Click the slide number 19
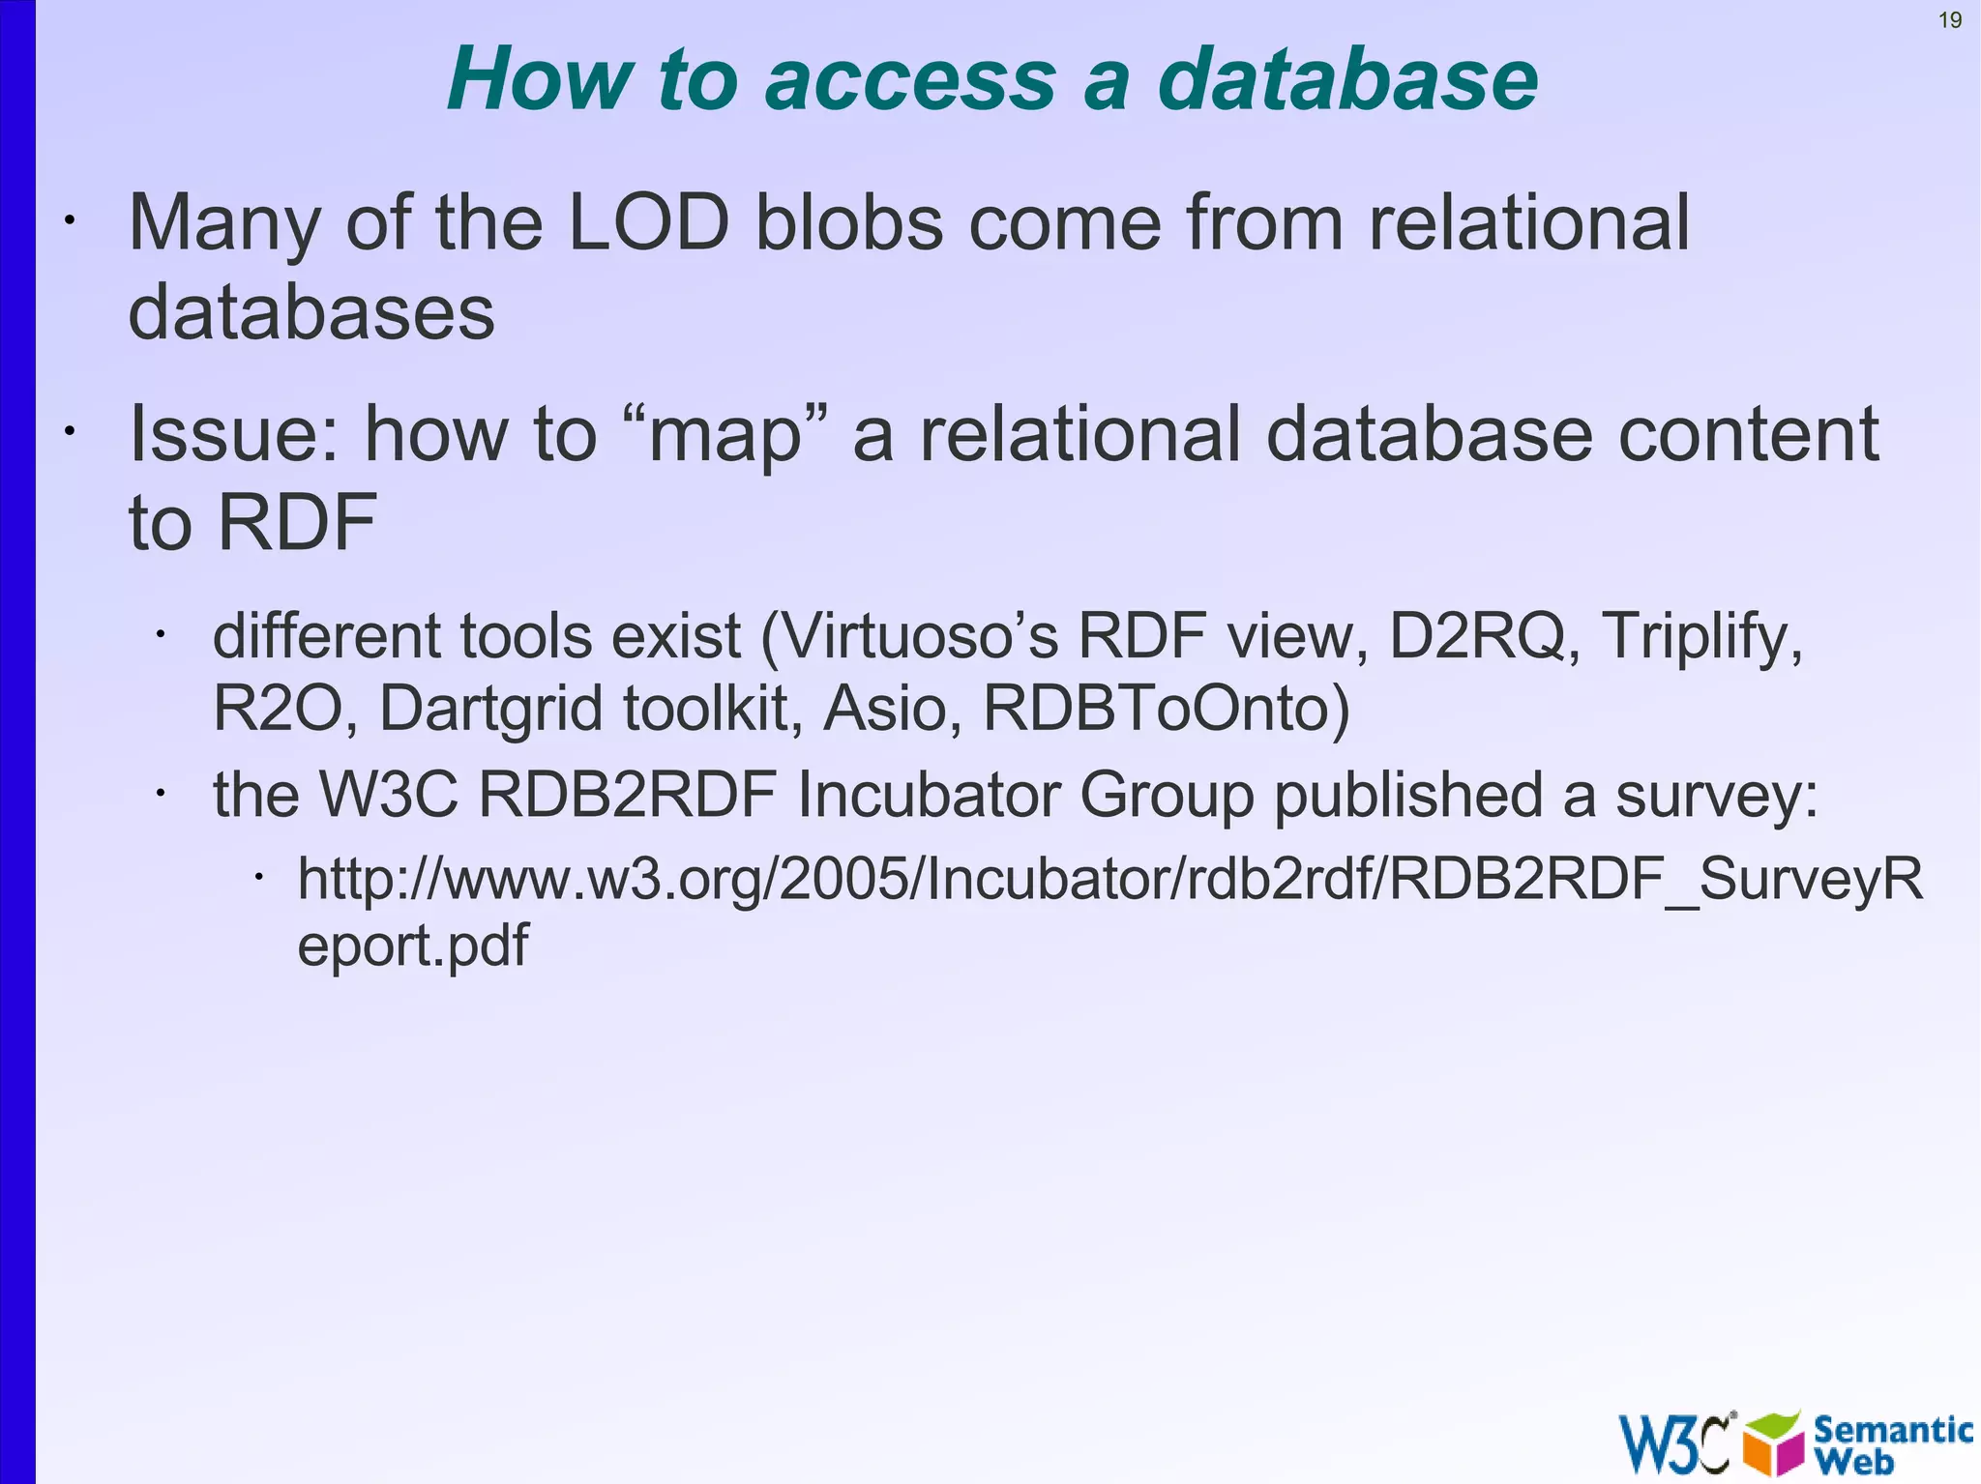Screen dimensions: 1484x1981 click(x=1950, y=20)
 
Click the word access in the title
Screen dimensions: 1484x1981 click(x=910, y=79)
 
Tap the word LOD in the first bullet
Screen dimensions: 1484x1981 click(x=648, y=223)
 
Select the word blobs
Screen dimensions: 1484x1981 click(x=848, y=223)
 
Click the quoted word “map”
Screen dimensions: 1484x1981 click(x=724, y=434)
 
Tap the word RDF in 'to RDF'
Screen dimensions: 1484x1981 click(x=296, y=522)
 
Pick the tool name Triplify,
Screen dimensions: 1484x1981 click(x=1702, y=637)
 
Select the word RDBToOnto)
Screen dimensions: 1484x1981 click(x=1166, y=709)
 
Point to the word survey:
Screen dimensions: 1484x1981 click(x=1718, y=795)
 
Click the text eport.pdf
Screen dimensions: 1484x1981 click(x=413, y=946)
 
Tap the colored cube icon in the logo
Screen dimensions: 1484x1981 click(x=1773, y=1442)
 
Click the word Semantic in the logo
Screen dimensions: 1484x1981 click(x=1892, y=1429)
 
